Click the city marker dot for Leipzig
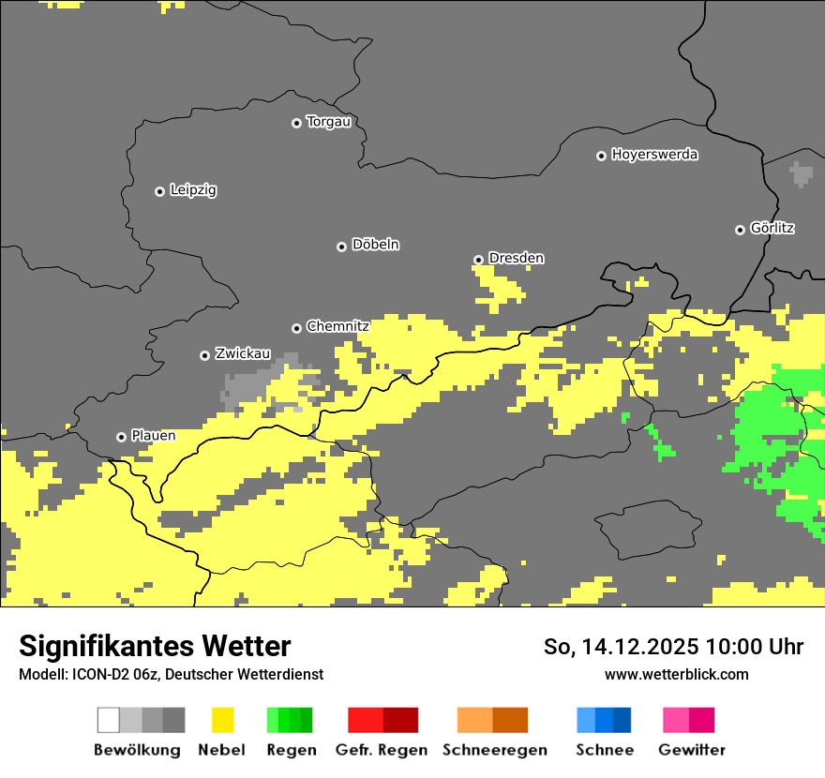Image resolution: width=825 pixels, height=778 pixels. coord(159,191)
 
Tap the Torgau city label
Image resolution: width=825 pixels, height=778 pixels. coord(328,122)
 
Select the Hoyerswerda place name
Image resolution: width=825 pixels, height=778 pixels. coord(654,155)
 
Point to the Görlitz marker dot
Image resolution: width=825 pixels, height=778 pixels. coord(740,230)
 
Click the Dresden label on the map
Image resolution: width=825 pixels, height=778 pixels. coord(516,259)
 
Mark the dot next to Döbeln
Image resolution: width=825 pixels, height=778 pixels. coord(341,247)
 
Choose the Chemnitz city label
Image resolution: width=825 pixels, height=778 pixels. coord(337,326)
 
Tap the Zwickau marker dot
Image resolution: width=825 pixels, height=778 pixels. coord(204,355)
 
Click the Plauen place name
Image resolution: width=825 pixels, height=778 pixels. coord(153,436)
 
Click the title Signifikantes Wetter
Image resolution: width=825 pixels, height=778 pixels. coord(155,646)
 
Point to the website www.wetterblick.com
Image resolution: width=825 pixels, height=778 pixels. coord(676,674)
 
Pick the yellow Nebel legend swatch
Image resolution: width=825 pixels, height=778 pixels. coord(222,720)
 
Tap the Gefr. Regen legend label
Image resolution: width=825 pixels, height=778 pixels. coord(382,750)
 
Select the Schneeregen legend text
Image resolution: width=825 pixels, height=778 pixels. coord(494,750)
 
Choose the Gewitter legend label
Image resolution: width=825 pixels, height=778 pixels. coord(692,750)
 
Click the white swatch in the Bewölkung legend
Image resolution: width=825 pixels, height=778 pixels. coord(108,720)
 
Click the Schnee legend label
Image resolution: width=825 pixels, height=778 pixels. coord(605,750)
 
